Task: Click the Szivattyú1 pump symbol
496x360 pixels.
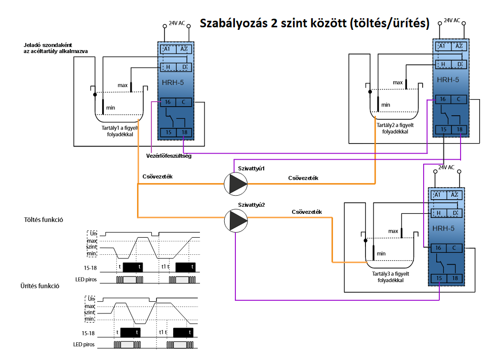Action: coord(236,184)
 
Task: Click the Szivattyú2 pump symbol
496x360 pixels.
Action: coord(236,220)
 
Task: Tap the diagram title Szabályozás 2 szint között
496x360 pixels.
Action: coord(273,23)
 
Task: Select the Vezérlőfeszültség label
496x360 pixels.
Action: coord(169,156)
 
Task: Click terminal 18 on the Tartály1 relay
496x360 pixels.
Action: coord(184,132)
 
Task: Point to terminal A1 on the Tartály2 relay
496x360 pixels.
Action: coord(442,46)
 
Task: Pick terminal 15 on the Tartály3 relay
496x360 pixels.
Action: coord(439,278)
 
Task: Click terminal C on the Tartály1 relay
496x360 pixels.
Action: coord(183,102)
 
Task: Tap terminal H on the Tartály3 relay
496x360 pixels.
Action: coord(438,213)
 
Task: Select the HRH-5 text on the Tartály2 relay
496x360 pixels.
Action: coord(448,80)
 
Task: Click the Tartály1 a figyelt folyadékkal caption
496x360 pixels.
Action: coord(120,131)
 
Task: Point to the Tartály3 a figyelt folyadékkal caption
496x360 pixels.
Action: coord(390,277)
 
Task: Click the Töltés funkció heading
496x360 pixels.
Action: coord(44,219)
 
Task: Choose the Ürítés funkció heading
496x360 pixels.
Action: coord(40,286)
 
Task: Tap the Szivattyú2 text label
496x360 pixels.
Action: coord(252,205)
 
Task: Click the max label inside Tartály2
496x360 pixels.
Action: coord(398,82)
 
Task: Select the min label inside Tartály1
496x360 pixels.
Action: coord(111,108)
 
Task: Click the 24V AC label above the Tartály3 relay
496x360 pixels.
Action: coord(446,167)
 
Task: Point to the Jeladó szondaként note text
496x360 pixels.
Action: coord(56,48)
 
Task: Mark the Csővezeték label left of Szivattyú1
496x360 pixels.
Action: coord(157,176)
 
